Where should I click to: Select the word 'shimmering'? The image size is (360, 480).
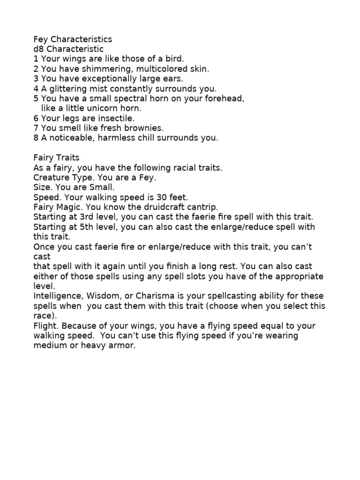(x=103, y=69)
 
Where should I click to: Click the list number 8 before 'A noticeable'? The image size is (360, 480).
(x=36, y=138)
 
